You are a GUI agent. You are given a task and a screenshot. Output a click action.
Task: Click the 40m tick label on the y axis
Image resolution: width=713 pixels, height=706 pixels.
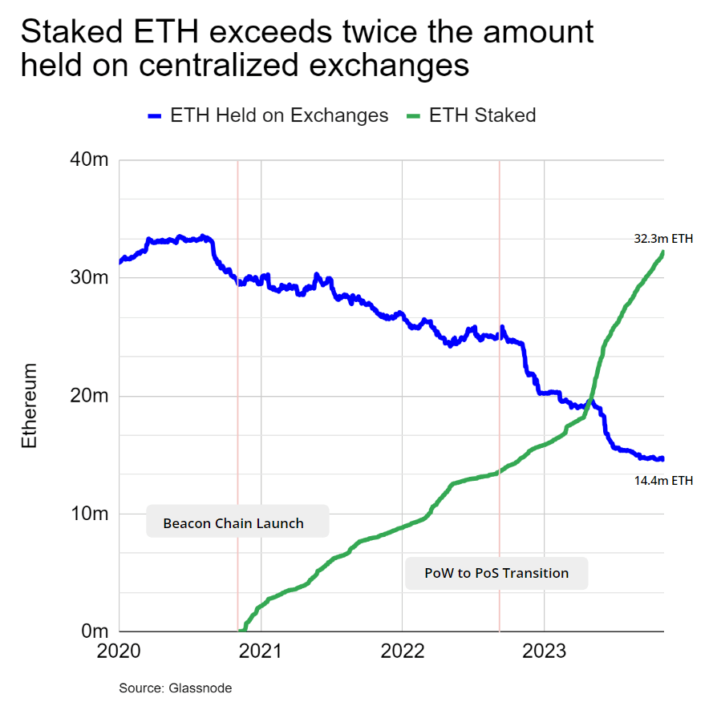(88, 159)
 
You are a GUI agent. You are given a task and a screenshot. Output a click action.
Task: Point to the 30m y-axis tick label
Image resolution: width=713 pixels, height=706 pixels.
(88, 277)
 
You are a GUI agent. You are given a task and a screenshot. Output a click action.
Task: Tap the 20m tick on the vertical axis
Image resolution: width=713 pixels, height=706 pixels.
(88, 396)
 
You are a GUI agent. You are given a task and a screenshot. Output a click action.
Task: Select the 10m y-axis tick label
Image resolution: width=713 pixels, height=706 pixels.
(88, 514)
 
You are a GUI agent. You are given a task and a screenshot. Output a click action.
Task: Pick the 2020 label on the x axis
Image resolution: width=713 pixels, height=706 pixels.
(119, 651)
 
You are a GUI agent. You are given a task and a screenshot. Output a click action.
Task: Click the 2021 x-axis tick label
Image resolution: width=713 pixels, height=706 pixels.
(261, 651)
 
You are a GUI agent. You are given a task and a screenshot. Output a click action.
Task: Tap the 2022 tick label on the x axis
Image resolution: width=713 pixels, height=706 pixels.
(402, 651)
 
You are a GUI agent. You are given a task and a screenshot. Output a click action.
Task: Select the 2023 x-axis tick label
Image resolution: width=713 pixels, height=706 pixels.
(544, 651)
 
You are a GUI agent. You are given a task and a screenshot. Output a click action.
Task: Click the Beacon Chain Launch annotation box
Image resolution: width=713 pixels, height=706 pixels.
(233, 523)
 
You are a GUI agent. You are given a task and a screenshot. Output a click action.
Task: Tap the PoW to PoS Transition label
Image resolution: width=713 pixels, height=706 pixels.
(496, 573)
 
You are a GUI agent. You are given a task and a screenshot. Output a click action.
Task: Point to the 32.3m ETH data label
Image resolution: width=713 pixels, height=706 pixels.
(662, 238)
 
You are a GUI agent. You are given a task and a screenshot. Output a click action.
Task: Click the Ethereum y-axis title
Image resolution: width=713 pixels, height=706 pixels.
(30, 405)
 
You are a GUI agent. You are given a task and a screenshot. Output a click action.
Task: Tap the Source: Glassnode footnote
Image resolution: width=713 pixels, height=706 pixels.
(176, 688)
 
